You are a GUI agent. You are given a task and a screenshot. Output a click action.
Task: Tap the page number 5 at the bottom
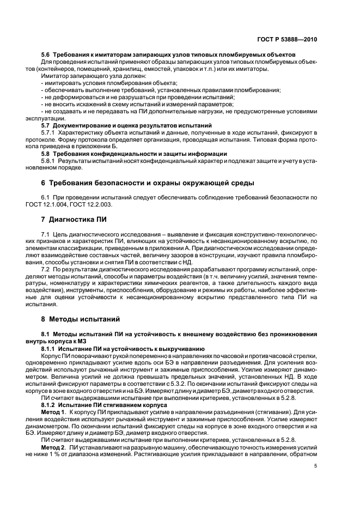click(315, 466)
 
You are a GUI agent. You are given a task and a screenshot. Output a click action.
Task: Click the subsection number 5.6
click(46, 54)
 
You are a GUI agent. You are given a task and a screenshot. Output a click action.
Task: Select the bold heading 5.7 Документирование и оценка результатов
click(127, 125)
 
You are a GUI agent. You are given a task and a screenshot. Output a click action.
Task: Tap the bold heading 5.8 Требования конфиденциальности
click(134, 154)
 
